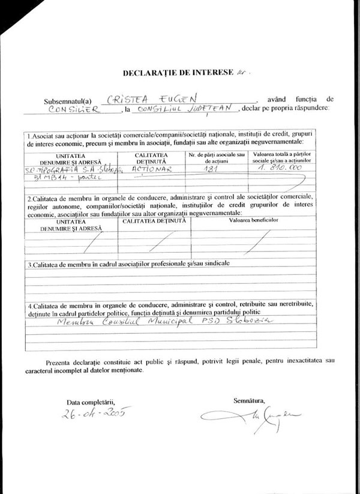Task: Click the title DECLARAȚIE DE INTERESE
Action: (177, 73)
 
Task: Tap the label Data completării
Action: (89, 401)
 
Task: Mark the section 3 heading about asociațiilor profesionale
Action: (127, 264)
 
